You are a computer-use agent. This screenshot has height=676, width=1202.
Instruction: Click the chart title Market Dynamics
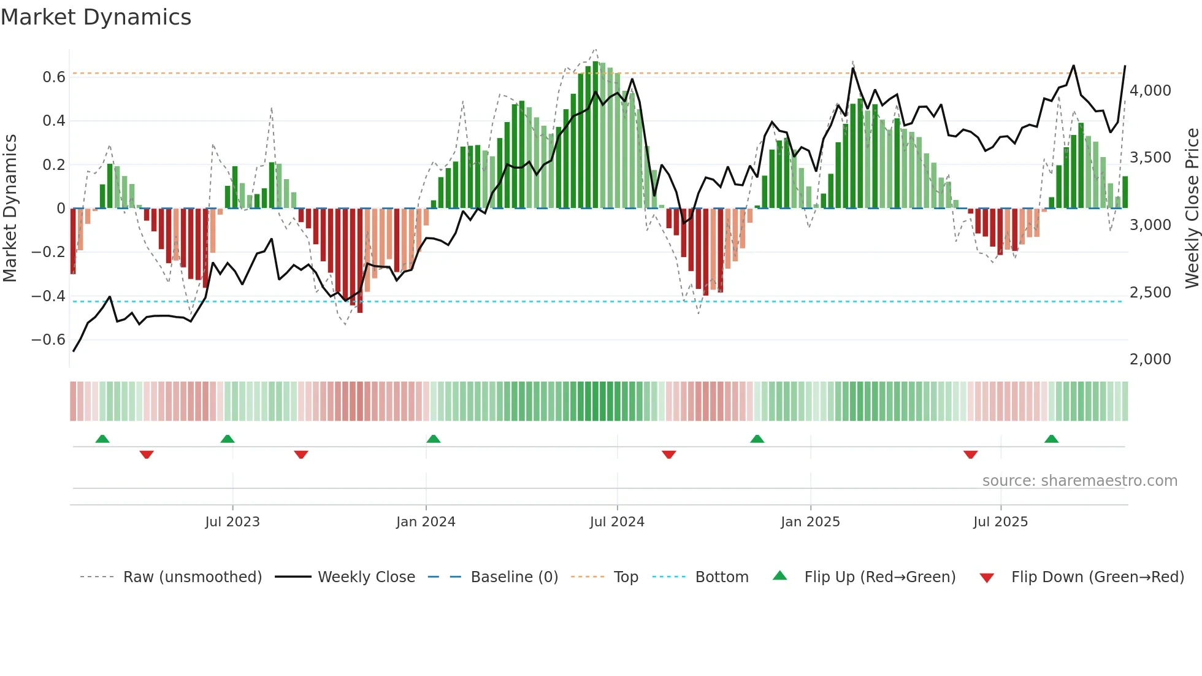coord(96,17)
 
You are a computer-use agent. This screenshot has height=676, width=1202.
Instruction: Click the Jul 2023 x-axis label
coord(232,522)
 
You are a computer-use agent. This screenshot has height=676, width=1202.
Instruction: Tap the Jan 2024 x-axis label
coord(426,522)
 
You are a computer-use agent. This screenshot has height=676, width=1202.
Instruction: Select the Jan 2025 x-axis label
coord(810,522)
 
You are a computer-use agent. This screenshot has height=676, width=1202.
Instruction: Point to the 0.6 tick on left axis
coord(54,77)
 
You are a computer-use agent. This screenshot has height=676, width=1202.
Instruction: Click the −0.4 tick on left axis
coord(48,296)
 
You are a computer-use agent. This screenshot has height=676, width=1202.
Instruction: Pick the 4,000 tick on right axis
coord(1150,91)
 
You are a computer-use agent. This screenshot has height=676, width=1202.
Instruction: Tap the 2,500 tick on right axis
coord(1150,293)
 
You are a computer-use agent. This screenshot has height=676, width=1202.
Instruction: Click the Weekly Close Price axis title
coord(1192,209)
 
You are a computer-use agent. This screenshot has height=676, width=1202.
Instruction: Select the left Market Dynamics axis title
coord(10,209)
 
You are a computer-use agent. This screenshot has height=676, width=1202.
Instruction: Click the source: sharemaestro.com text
coord(1079,481)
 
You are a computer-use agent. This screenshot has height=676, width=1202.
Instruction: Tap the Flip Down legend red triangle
coord(987,578)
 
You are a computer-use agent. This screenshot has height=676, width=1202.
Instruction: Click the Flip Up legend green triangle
coord(779,575)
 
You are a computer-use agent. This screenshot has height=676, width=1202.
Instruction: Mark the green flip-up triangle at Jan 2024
coord(434,439)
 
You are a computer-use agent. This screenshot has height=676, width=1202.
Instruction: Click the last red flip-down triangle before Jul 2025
coord(970,455)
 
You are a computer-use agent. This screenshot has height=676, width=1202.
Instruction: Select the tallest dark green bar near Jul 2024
coord(595,135)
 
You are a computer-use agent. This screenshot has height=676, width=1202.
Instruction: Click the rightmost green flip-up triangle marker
coord(1051,439)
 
